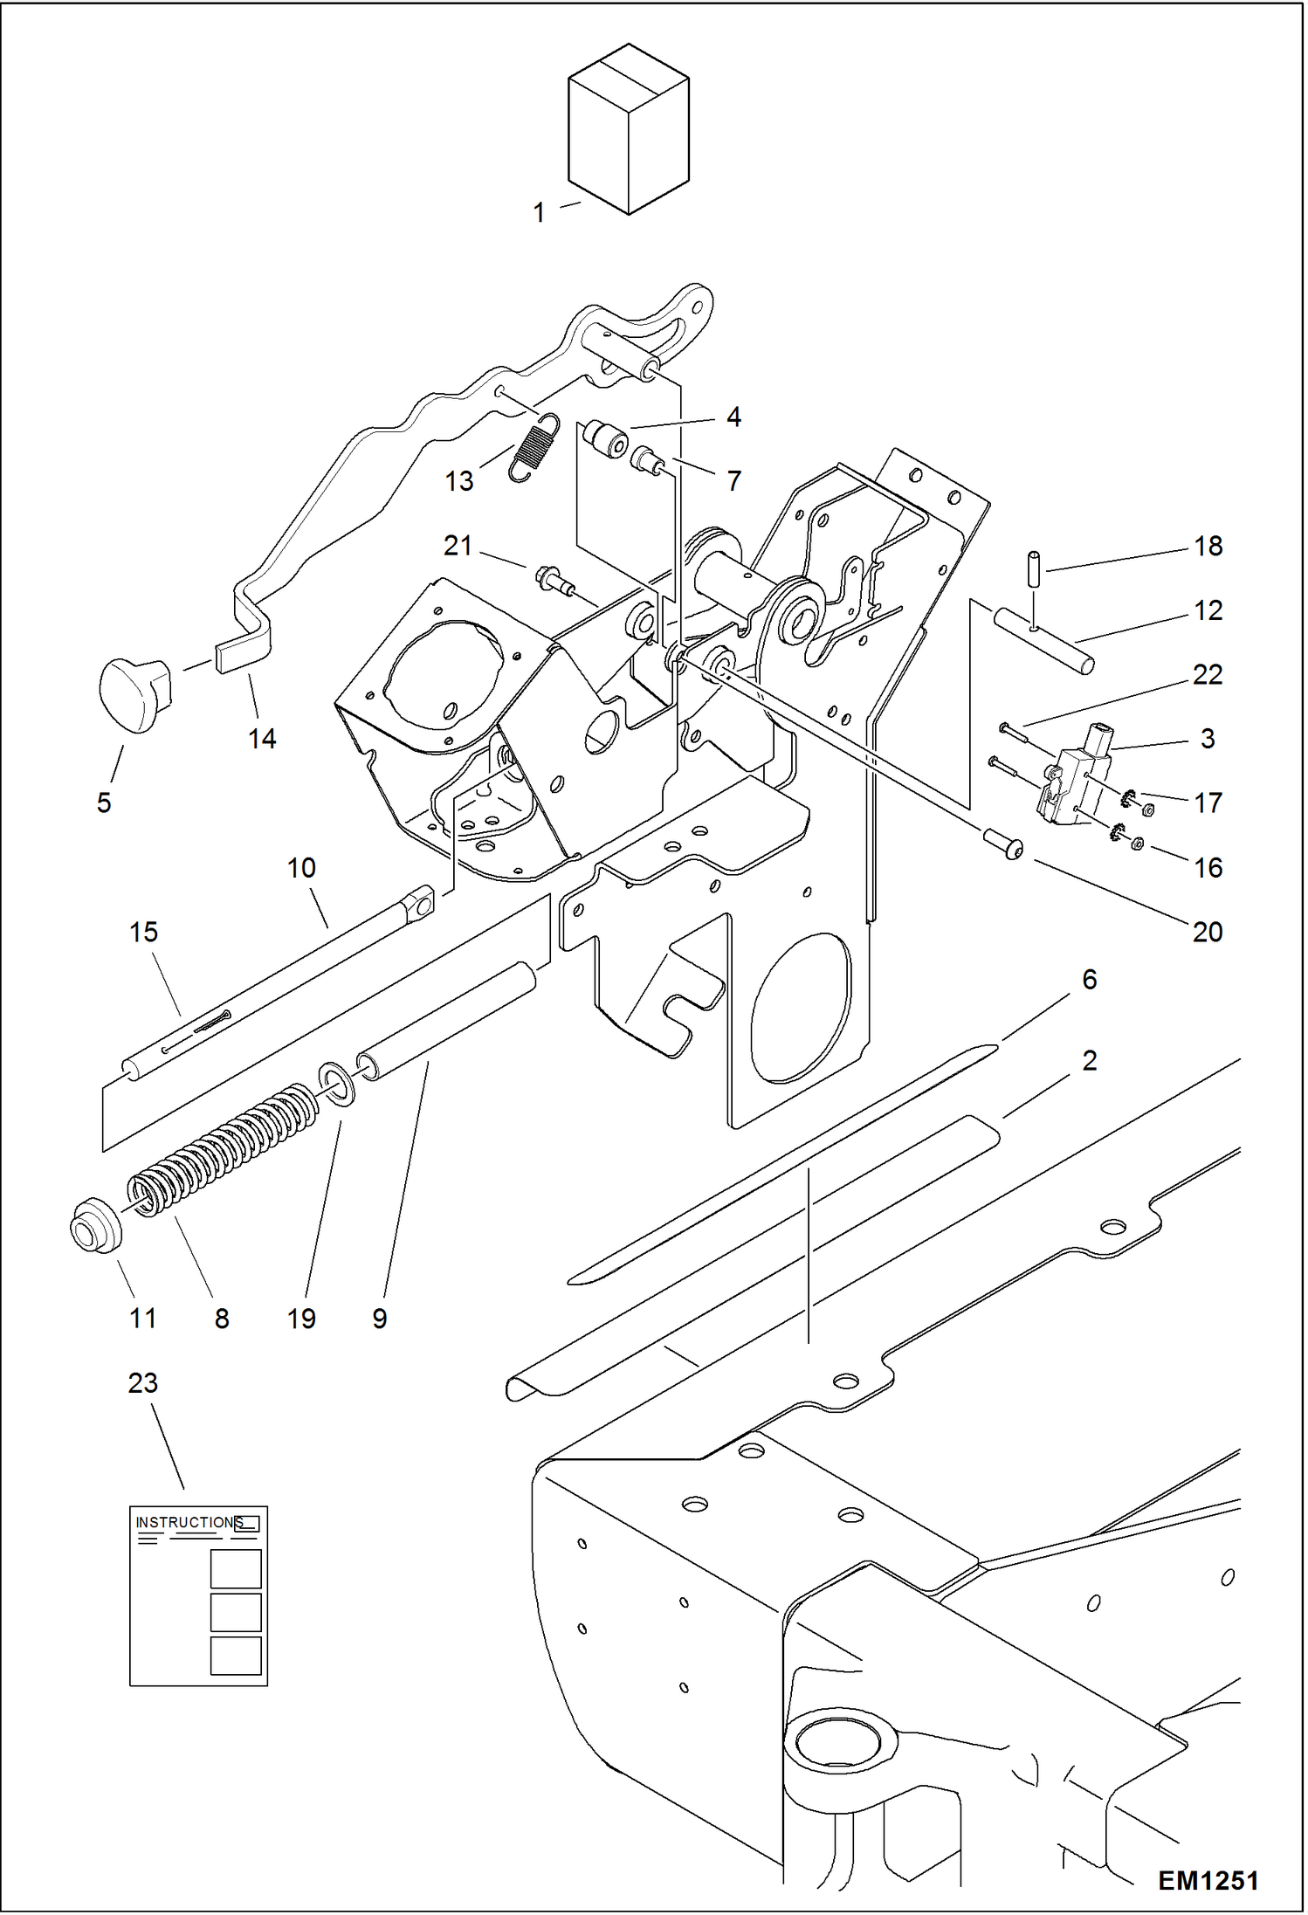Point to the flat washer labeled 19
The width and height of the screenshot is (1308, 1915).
point(337,1084)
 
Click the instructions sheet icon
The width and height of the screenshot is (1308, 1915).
point(199,1595)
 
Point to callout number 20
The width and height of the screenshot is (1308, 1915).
point(1208,932)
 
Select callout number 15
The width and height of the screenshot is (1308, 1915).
point(144,932)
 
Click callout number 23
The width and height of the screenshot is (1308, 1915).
point(143,1382)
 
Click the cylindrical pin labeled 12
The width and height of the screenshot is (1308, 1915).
point(1043,642)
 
